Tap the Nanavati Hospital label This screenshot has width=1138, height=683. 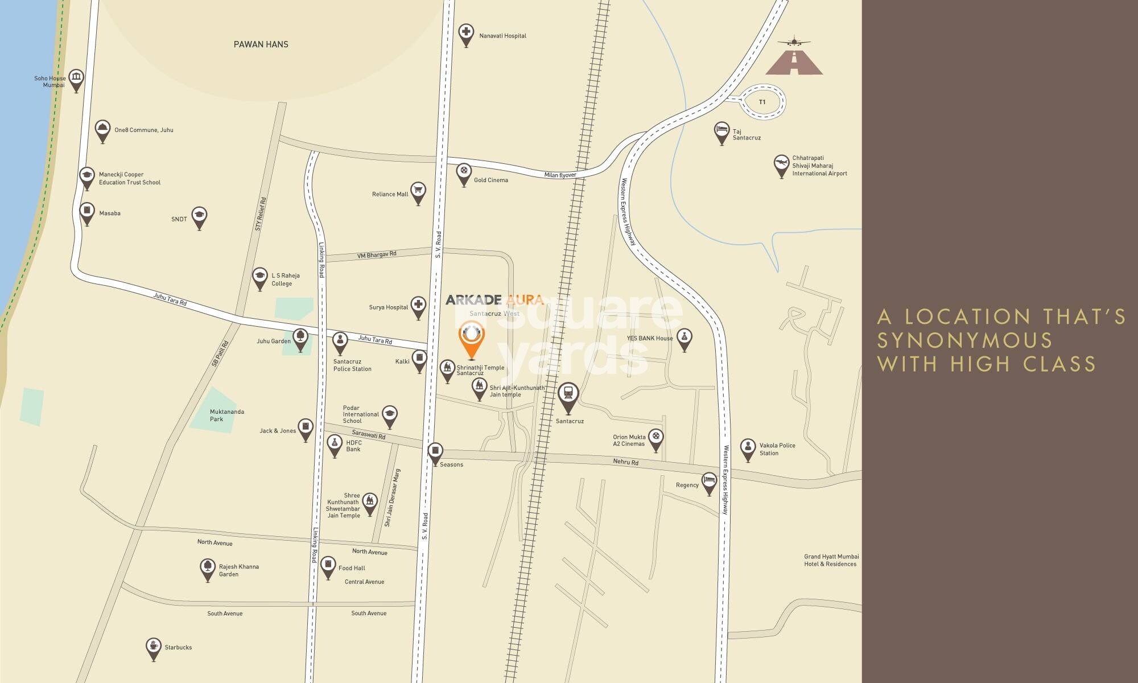click(502, 36)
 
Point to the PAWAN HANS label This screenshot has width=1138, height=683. click(261, 44)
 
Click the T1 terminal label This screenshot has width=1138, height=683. click(762, 102)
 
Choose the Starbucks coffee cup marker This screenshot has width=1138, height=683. click(153, 647)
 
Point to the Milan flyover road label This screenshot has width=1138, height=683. click(560, 175)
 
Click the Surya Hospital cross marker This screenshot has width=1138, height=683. click(418, 305)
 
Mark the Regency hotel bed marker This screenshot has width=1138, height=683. click(709, 482)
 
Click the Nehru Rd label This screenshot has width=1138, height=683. click(625, 462)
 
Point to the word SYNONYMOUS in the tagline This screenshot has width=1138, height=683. click(965, 340)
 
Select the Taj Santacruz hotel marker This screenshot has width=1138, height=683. click(721, 131)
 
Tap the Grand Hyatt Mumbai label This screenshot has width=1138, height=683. click(831, 560)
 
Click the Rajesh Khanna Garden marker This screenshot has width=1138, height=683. click(208, 567)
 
